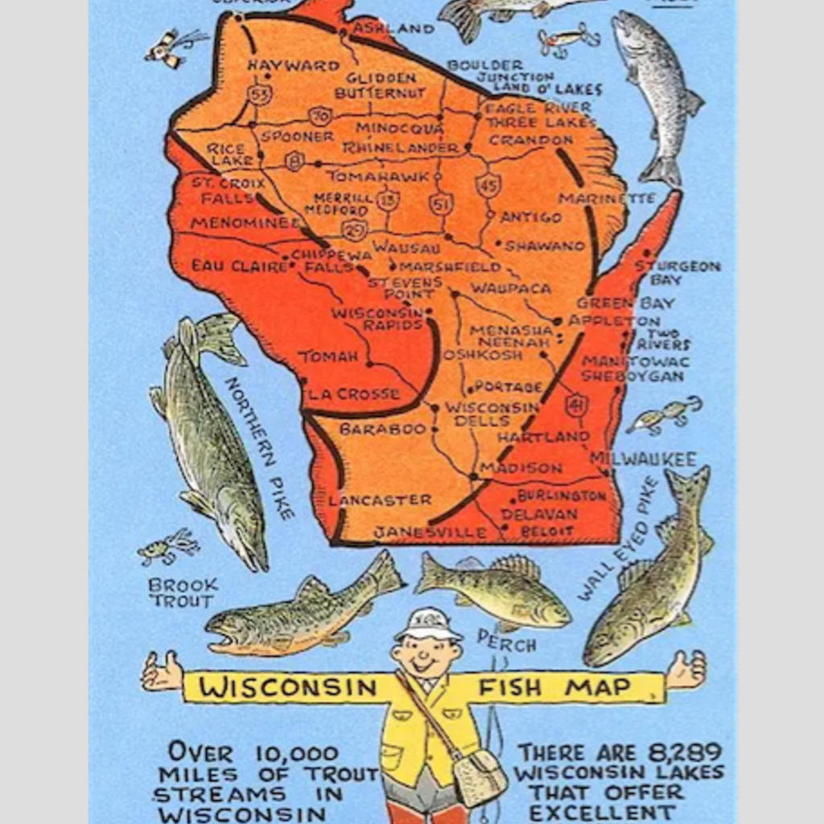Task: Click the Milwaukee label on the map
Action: click(643, 459)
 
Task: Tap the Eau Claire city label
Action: click(228, 265)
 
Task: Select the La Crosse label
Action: click(354, 394)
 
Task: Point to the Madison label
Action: click(521, 468)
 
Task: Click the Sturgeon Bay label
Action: click(678, 273)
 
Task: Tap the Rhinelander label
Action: click(400, 148)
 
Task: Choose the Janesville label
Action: click(431, 532)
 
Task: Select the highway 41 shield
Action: click(576, 406)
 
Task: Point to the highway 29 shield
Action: click(354, 230)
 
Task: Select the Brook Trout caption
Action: click(183, 592)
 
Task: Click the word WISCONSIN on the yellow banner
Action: click(288, 688)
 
